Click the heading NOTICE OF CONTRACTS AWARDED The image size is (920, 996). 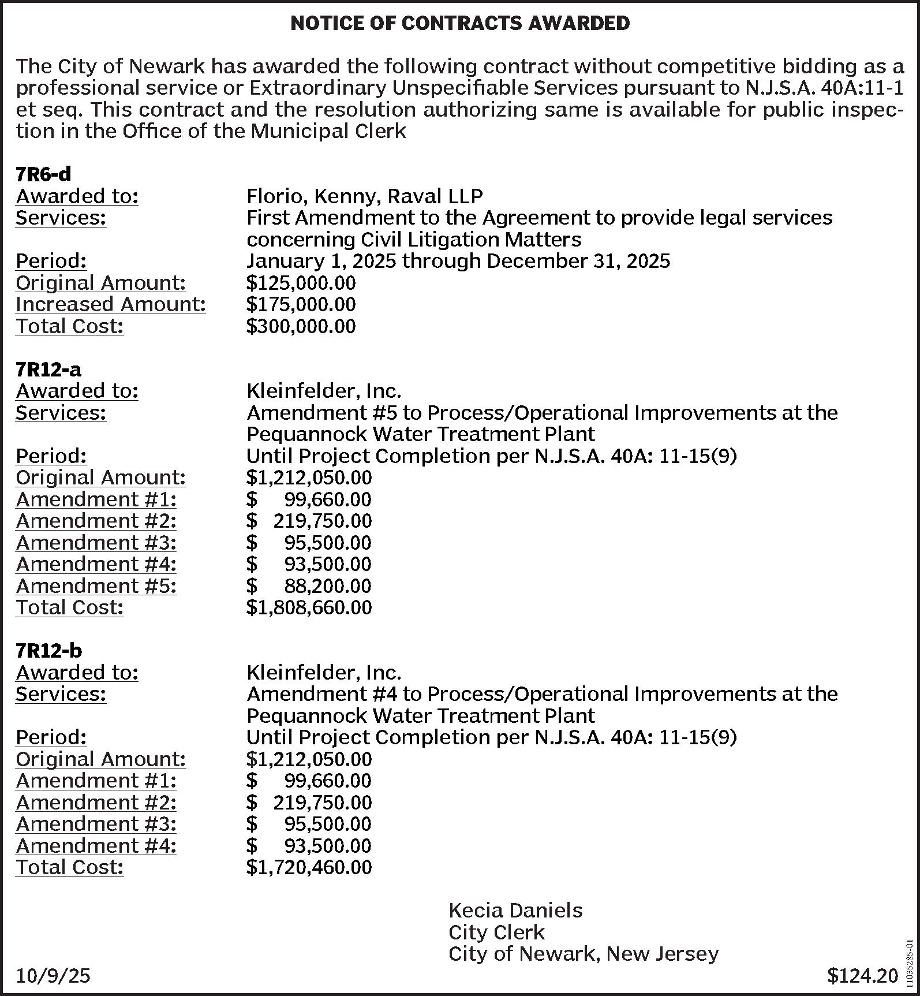460,23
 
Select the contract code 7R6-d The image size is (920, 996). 43,174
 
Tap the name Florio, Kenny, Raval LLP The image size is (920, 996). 364,196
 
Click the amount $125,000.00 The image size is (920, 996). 301,283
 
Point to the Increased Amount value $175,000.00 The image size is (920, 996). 301,304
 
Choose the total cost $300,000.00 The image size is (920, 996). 301,326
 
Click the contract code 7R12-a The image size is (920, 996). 48,368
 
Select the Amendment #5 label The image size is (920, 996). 96,585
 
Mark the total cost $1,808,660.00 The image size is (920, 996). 309,607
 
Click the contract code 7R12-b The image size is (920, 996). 48,650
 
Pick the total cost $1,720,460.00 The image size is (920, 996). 309,867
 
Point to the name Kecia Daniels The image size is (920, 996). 515,911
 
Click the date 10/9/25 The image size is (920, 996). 53,976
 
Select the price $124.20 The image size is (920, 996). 862,976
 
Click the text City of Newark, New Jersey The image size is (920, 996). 583,954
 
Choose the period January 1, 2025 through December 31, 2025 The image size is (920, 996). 458,261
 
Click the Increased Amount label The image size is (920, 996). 110,304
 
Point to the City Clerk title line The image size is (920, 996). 496,932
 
